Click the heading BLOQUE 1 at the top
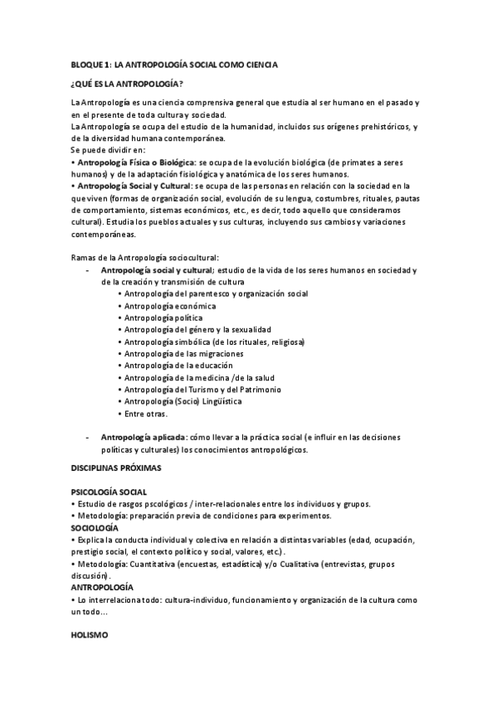tap(173, 64)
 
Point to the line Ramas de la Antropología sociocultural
tap(144, 258)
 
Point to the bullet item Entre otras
tap(146, 414)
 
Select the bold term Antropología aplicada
tap(143, 438)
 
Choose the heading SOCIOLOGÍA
tap(94, 527)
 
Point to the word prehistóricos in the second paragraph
tap(370, 126)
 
